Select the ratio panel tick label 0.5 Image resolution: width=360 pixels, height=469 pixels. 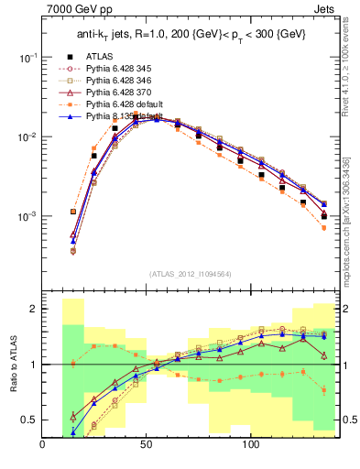pos(28,420)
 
